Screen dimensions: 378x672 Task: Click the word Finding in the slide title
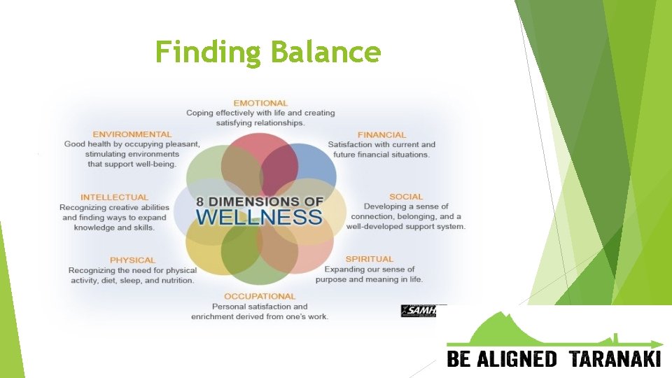pos(209,52)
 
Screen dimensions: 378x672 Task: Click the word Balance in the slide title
pos(325,52)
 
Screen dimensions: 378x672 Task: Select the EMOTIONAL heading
pos(260,103)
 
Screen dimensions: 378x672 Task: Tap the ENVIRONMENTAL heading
pos(132,134)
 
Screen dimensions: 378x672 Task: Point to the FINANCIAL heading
pos(381,134)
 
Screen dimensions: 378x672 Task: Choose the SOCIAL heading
pos(406,197)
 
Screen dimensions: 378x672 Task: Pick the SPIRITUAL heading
pos(369,259)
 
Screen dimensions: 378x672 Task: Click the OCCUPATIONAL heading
pos(260,296)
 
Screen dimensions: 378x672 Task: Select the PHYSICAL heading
pos(132,260)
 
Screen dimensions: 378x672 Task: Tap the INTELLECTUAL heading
pos(114,197)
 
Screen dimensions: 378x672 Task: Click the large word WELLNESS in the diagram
pos(259,216)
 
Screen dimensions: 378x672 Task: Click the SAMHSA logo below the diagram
pos(418,310)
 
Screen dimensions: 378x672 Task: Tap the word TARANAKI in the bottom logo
pos(615,360)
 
